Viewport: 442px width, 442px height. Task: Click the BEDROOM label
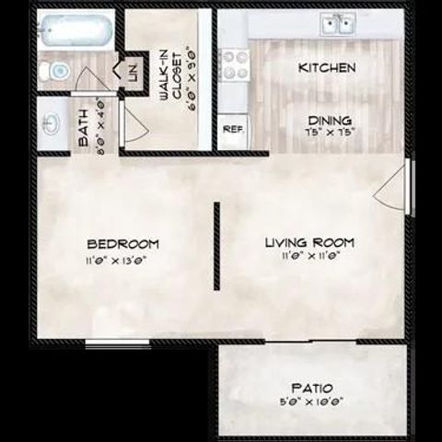122,244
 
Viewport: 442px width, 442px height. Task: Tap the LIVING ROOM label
309,242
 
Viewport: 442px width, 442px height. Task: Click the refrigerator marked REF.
232,130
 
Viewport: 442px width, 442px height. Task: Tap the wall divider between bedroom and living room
217,246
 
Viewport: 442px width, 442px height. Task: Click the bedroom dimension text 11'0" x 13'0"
118,261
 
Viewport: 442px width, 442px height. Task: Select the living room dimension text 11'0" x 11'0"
309,257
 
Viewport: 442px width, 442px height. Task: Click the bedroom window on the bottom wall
105,345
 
